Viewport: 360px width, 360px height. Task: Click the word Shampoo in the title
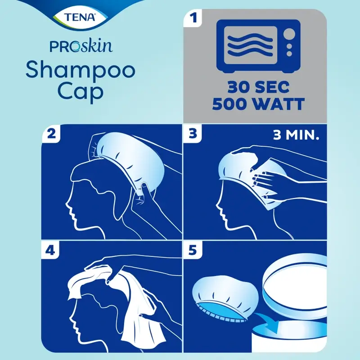tap(81, 71)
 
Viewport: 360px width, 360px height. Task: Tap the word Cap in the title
tap(80, 90)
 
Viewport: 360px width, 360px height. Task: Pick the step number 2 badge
tap(50, 135)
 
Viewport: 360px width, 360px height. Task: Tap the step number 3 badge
tap(193, 135)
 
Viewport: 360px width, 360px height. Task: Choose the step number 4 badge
tap(50, 250)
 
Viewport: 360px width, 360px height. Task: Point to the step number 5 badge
tap(193, 250)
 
